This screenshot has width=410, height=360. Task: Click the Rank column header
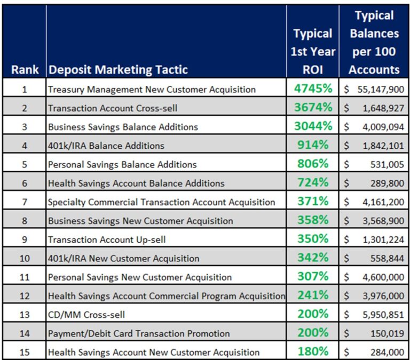[25, 69]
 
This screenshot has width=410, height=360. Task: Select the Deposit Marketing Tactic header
[118, 69]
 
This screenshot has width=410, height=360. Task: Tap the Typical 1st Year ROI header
[313, 51]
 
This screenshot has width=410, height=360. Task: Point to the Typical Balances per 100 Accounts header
[374, 42]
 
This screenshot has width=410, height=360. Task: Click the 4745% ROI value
[313, 89]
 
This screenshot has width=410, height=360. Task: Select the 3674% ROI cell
[313, 107]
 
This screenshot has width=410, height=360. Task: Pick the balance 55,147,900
[380, 89]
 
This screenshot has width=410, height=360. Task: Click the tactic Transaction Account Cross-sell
[113, 108]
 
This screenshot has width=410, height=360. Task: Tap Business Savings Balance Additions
[123, 127]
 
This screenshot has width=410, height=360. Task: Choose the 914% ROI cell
[313, 145]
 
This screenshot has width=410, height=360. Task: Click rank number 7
[25, 202]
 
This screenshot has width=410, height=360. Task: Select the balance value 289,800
[387, 183]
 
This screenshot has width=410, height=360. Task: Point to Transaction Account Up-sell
[107, 239]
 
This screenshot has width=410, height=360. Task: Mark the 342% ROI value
[313, 258]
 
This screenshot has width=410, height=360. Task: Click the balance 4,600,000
[382, 277]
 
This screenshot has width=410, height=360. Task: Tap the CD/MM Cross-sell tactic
[86, 315]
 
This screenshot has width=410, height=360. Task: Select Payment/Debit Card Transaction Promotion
[139, 333]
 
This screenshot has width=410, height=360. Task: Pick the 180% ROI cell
[313, 351]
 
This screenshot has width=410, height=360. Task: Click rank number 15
[25, 352]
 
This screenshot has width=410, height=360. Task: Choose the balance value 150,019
[387, 333]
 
